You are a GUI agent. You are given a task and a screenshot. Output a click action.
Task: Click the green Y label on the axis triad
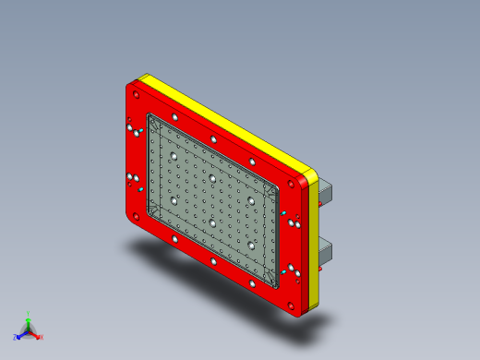pos(29,313)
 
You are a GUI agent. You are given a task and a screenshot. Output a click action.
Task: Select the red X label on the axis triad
pos(41,337)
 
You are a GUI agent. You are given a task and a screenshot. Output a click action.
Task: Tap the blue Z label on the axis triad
pos(16,337)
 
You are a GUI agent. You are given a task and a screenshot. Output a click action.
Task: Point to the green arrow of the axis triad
pos(29,322)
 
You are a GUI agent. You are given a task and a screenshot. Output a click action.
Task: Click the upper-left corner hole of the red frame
pos(136,93)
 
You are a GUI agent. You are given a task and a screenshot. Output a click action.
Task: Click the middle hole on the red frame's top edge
pos(213,139)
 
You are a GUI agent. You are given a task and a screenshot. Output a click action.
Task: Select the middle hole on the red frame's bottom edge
pos(214,262)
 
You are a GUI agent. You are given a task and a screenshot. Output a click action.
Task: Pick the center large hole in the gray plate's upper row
pos(211,177)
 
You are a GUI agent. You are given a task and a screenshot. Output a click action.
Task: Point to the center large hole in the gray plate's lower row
pos(211,222)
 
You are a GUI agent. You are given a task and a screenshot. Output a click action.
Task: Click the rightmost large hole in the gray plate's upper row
pos(248,199)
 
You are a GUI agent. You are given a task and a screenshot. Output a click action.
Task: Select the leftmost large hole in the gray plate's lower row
pos(173,200)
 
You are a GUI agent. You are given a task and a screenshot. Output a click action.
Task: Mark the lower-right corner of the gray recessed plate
pos(274,282)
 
